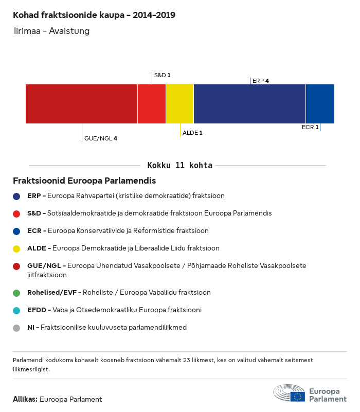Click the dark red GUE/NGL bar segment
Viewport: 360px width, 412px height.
click(81, 104)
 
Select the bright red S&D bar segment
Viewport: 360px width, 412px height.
click(152, 104)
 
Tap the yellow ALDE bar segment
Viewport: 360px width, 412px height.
click(179, 104)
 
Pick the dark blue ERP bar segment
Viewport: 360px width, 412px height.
click(249, 104)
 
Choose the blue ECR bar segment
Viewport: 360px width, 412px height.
click(320, 104)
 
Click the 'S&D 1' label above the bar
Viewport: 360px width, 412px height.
click(162, 75)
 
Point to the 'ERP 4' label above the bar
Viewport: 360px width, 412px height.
click(261, 81)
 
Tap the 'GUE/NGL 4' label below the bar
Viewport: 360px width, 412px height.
click(101, 138)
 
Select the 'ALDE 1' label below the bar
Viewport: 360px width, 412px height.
click(192, 133)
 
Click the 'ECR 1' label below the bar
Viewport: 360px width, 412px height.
click(310, 127)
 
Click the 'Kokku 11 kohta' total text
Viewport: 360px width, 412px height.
click(180, 166)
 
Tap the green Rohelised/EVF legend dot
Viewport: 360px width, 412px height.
click(17, 293)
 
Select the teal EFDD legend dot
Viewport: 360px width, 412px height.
click(17, 310)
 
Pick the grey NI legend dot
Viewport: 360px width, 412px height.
click(17, 328)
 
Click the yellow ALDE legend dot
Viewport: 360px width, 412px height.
click(17, 248)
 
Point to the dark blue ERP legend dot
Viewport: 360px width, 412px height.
click(17, 196)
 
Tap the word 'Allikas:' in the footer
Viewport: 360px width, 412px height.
click(25, 399)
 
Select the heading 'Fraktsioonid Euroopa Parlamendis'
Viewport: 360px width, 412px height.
click(84, 181)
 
